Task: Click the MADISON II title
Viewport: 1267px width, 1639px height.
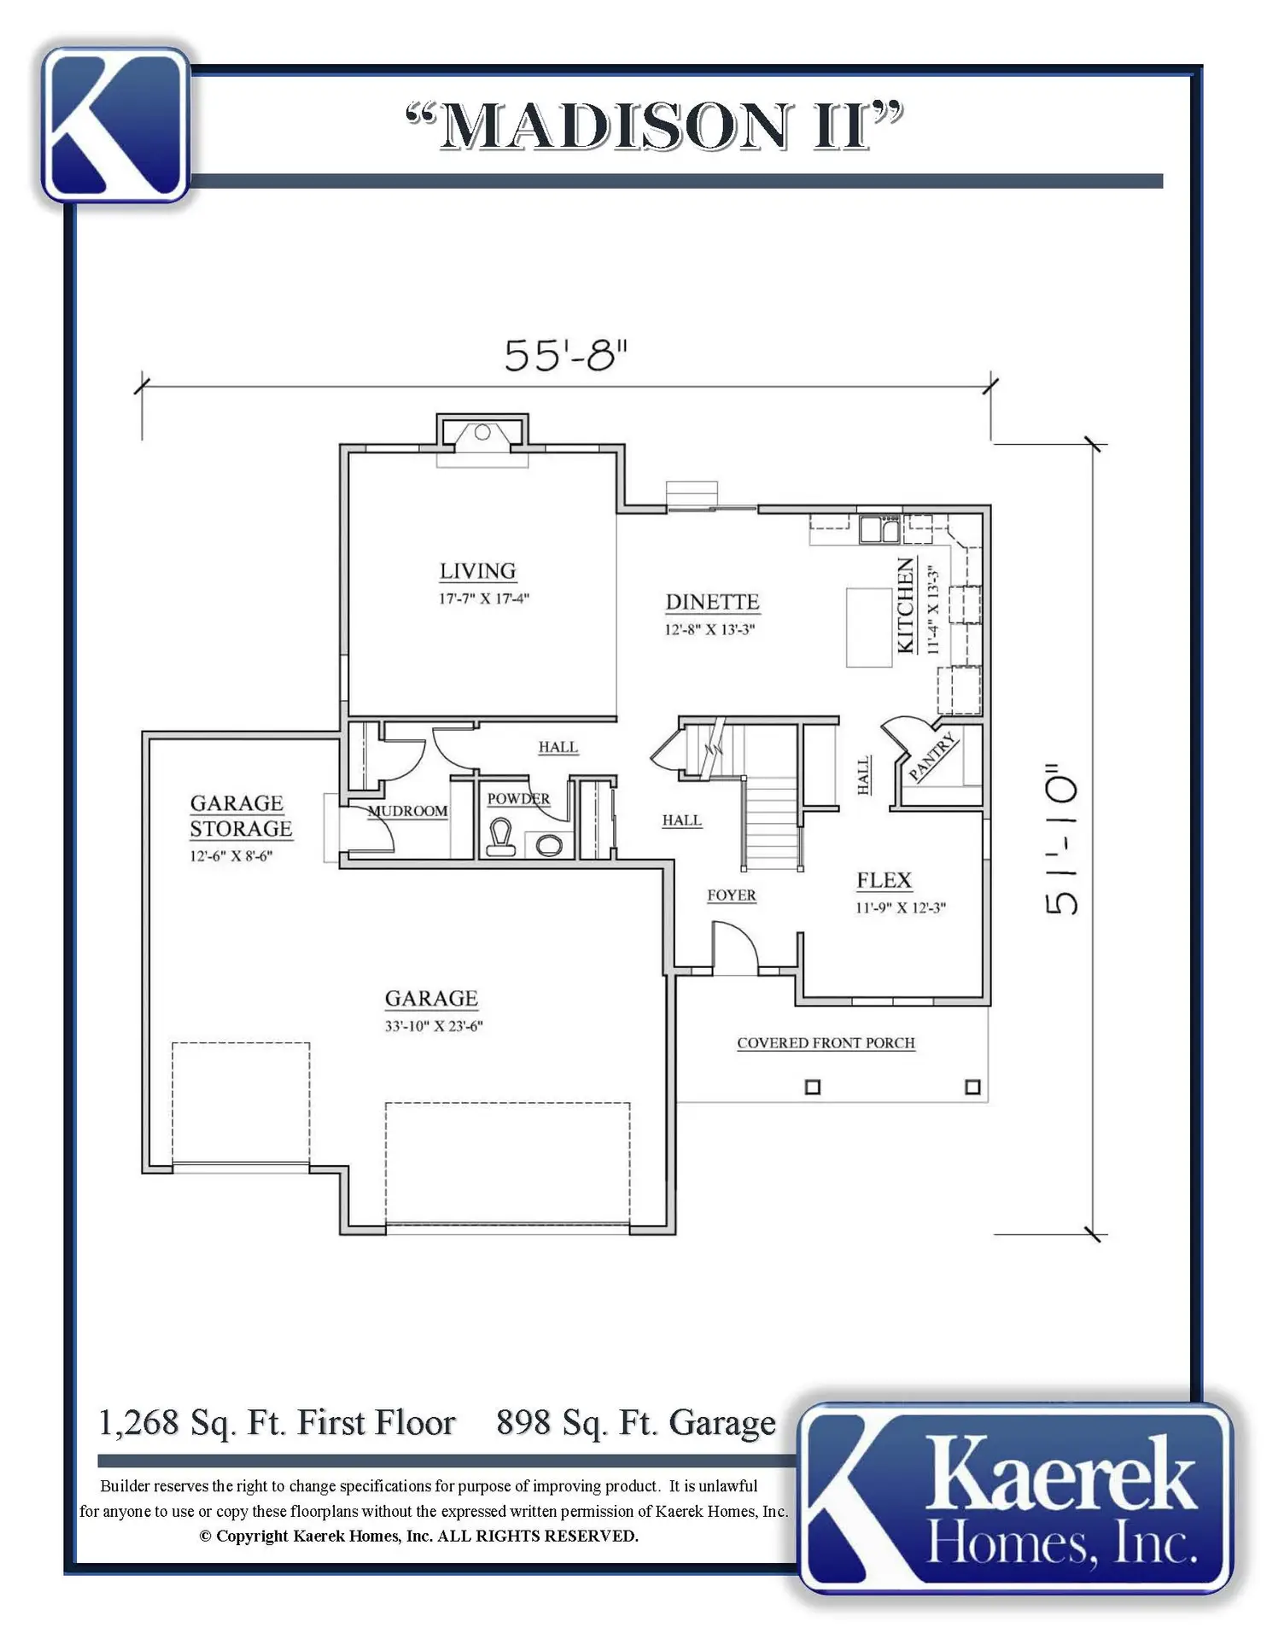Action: pos(655,125)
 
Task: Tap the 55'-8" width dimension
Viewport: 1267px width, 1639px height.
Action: pos(565,355)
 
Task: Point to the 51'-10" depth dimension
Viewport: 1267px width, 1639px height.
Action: pos(1062,839)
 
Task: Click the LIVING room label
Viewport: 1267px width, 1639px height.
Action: pos(478,571)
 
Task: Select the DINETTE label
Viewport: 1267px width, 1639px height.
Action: pos(712,602)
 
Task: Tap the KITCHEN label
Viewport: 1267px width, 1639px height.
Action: pos(906,605)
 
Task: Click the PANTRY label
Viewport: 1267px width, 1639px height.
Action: pos(932,756)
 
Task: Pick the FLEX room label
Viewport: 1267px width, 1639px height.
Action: pos(885,880)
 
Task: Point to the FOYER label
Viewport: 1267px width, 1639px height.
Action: pos(732,895)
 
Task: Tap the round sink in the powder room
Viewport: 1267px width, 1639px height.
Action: pos(549,845)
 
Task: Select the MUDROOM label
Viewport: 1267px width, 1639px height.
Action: pos(408,811)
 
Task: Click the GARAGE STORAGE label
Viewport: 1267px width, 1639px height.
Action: pos(241,816)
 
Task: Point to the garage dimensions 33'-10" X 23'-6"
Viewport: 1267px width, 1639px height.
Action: pos(434,1026)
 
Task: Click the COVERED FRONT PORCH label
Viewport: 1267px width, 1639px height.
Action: pos(826,1043)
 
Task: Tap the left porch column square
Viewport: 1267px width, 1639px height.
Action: pos(813,1087)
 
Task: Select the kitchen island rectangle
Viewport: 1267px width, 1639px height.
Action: pos(869,627)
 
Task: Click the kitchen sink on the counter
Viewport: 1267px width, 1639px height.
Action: pos(879,529)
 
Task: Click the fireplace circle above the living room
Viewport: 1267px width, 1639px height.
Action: pos(482,432)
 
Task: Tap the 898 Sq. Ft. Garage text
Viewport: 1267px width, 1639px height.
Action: pos(636,1423)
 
